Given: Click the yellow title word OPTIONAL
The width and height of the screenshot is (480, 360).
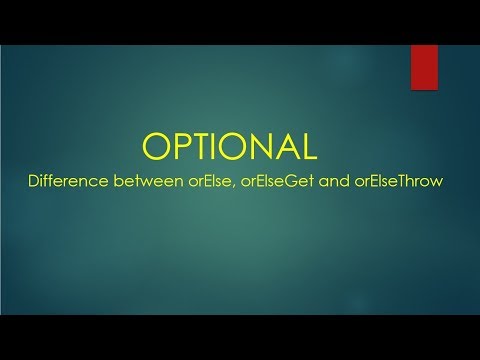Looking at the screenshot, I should [x=231, y=146].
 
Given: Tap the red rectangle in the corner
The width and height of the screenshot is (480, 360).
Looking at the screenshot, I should [x=426, y=67].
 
